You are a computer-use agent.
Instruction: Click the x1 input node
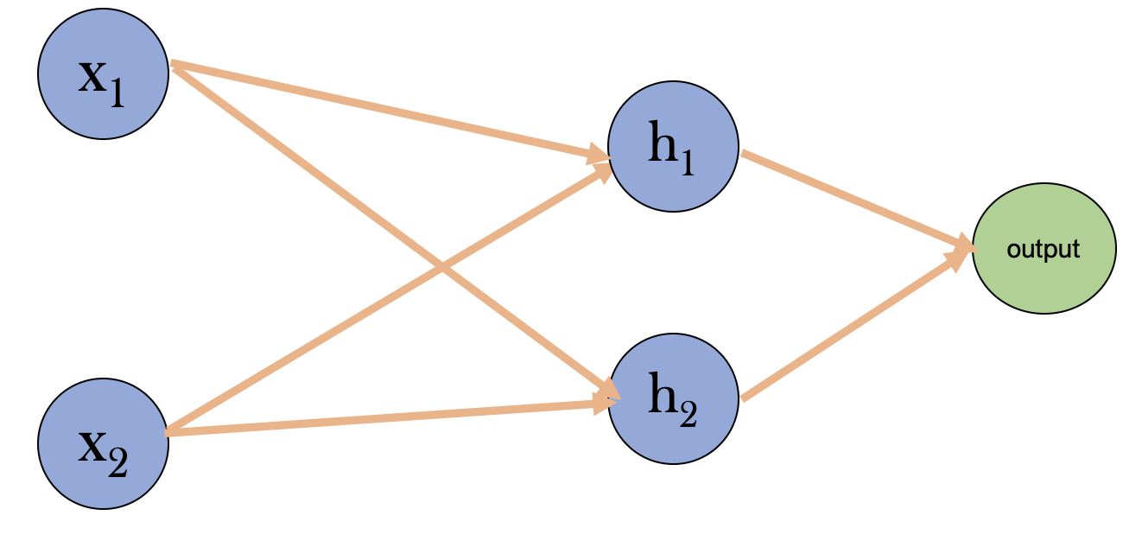click(103, 74)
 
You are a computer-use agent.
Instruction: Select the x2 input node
click(103, 443)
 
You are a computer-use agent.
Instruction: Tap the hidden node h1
click(673, 146)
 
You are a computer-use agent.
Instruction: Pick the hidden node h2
click(673, 398)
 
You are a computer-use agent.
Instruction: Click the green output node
click(1044, 249)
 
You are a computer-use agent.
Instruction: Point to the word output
click(1044, 250)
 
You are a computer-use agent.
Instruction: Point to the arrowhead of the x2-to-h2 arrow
click(605, 403)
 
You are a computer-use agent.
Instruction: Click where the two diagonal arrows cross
click(442, 266)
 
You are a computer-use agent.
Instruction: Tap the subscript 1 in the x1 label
click(117, 93)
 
